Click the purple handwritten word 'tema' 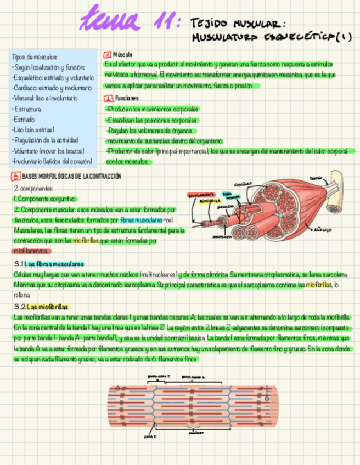110,19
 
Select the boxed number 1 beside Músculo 107,55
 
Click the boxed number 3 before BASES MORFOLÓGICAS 16,176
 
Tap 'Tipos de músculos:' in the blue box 34,57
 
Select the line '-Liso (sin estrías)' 33,130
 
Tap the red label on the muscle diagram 200,195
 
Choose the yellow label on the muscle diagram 206,201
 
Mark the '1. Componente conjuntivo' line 46,199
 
